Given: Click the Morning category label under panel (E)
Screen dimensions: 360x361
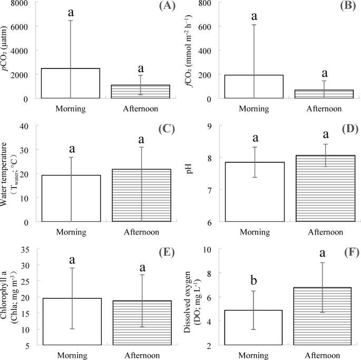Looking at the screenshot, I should (x=71, y=355).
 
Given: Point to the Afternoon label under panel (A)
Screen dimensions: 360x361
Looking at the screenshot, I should (x=141, y=109).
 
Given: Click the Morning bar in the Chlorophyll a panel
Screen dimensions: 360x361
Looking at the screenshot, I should (x=71, y=322).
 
